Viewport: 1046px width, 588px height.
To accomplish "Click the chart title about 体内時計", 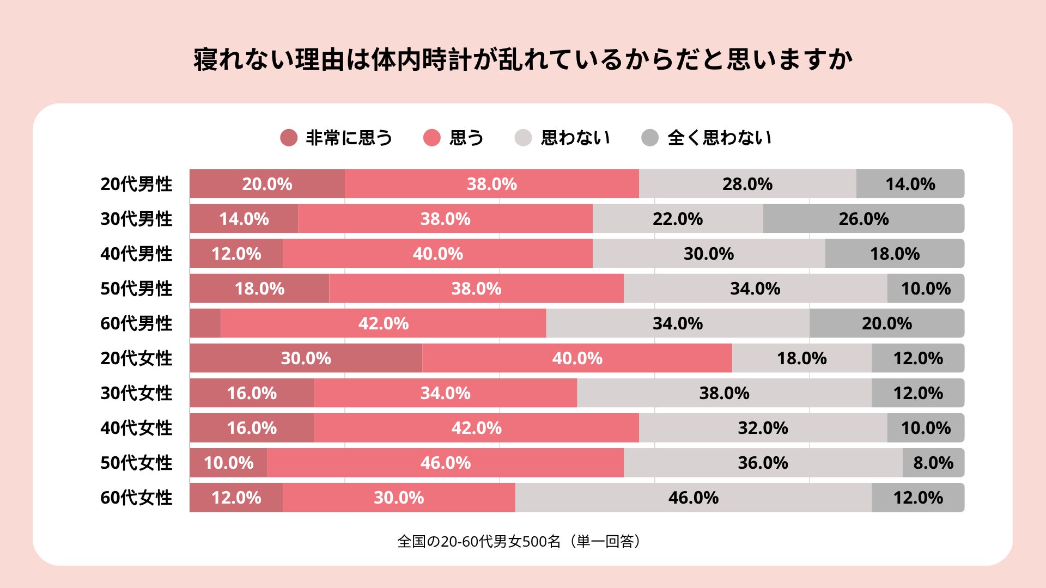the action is [x=523, y=59].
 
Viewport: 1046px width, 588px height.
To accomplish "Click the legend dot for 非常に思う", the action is [x=289, y=138].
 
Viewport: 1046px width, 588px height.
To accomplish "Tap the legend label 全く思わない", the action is [x=720, y=138].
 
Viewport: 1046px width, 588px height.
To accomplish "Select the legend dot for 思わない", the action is [x=523, y=138].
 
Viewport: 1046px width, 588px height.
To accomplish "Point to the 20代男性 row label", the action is [x=136, y=184].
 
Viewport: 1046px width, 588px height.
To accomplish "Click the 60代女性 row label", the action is [x=136, y=498].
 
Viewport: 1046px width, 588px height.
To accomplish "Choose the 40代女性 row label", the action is [x=136, y=428].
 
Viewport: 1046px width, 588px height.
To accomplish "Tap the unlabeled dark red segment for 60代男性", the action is [x=205, y=323].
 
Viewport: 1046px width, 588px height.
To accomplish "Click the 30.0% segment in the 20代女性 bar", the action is [x=306, y=358].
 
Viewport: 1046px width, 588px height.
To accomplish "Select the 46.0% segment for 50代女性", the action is [x=446, y=463].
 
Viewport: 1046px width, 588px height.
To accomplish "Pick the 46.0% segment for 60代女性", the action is [x=694, y=498].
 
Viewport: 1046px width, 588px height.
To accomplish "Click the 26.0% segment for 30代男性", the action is [x=863, y=219].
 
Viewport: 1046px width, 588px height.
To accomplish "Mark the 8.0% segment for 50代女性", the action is [x=933, y=463].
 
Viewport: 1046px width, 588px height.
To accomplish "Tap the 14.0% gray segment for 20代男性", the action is [x=910, y=184].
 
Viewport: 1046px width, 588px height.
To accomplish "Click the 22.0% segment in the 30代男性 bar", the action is [x=678, y=219].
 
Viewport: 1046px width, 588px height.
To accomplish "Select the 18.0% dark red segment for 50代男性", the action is [x=260, y=289].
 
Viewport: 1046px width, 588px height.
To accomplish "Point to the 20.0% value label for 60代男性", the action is [x=887, y=323].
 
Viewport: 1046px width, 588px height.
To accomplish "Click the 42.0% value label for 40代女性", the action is [x=477, y=428].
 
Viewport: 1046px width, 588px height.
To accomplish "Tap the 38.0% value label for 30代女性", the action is [x=725, y=393].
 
